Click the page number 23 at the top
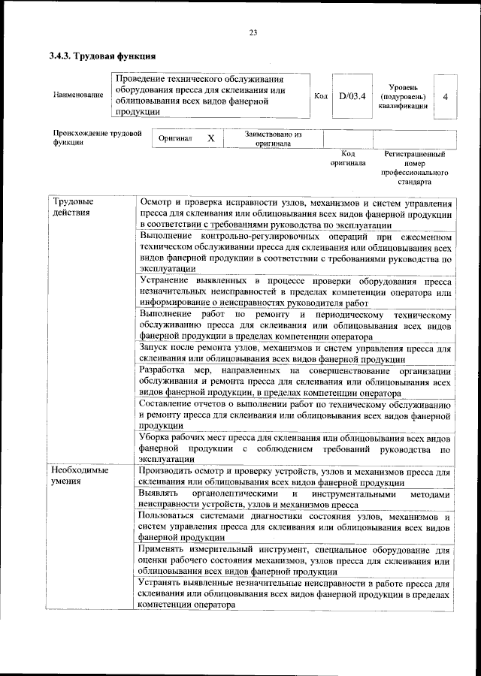click(x=253, y=32)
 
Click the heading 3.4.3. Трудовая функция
click(x=103, y=56)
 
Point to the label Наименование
click(x=78, y=95)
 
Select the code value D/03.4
click(x=351, y=96)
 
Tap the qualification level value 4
click(x=446, y=96)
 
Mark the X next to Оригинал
click(x=211, y=139)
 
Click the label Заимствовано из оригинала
click(x=273, y=139)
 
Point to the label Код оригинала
click(x=348, y=158)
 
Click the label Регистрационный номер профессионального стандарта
click(x=414, y=167)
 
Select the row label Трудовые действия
click(x=73, y=207)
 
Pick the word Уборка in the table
click(x=156, y=437)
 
